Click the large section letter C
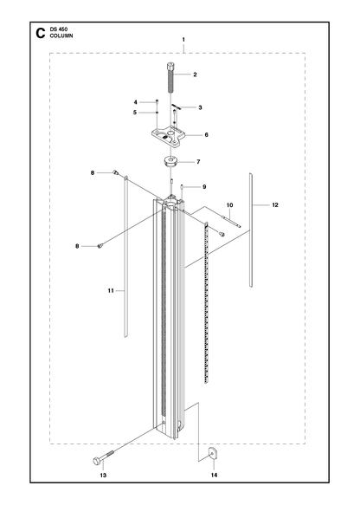[x=40, y=33]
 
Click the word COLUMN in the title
[x=61, y=36]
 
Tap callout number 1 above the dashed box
[x=183, y=40]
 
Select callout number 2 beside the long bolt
[x=195, y=74]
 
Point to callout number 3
[x=200, y=107]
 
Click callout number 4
[x=136, y=102]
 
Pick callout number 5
[x=136, y=113]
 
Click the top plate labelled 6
[x=168, y=137]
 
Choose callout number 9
[x=204, y=187]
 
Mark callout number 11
[x=111, y=290]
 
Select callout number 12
[x=275, y=204]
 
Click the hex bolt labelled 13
[x=103, y=457]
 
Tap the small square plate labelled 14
[x=213, y=454]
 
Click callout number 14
[x=215, y=475]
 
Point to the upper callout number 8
[x=93, y=173]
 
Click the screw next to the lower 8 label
[x=100, y=246]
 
